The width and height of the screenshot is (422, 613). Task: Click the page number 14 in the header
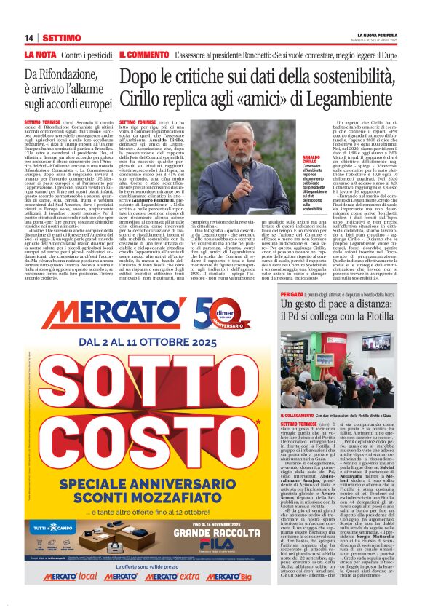tap(30, 38)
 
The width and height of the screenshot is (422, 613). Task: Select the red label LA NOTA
tap(40, 55)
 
